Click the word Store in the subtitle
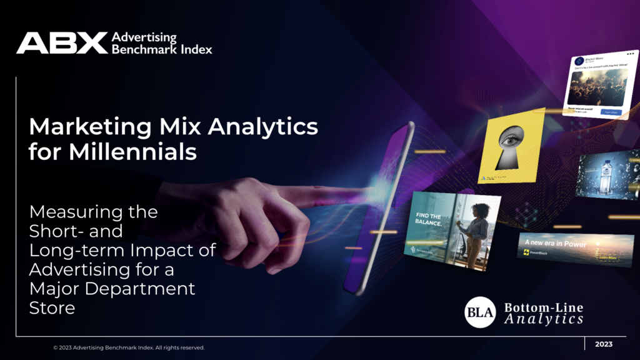pos(52,308)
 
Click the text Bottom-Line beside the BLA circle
pos(542,307)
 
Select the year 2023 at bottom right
pos(604,344)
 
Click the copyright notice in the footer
pos(129,347)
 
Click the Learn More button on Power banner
pos(610,257)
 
